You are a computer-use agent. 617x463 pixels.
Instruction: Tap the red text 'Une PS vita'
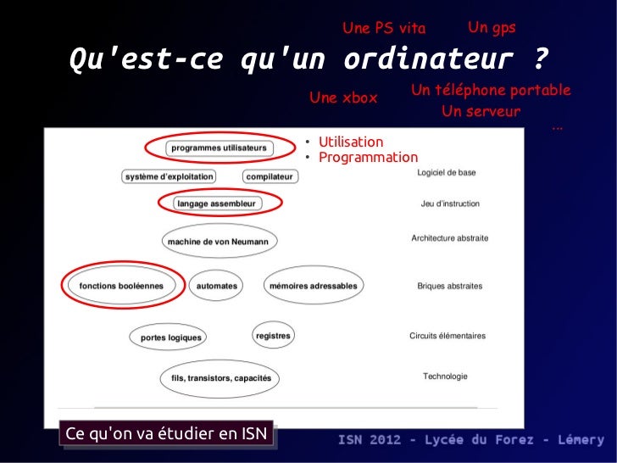pyautogui.click(x=384, y=29)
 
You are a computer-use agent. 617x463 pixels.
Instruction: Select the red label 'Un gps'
pyautogui.click(x=492, y=28)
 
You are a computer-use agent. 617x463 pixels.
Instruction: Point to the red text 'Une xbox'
pyautogui.click(x=343, y=98)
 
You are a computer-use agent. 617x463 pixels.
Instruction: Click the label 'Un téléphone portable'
pyautogui.click(x=490, y=90)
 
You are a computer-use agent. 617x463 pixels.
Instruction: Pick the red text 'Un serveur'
pyautogui.click(x=481, y=112)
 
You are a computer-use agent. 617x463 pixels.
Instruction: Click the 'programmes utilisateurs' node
pyautogui.click(x=219, y=148)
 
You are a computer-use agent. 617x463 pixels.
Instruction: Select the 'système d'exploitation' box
pyautogui.click(x=169, y=176)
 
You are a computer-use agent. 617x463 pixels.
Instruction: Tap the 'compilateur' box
pyautogui.click(x=270, y=176)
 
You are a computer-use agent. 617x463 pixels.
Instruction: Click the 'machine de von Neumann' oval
pyautogui.click(x=218, y=242)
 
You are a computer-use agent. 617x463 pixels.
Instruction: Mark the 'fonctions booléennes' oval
pyautogui.click(x=121, y=286)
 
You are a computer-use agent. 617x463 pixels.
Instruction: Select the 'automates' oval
pyautogui.click(x=217, y=286)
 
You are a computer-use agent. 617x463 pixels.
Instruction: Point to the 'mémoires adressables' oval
pyautogui.click(x=313, y=286)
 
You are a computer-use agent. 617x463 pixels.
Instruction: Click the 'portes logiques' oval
pyautogui.click(x=171, y=337)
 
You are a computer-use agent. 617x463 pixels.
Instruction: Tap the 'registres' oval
pyautogui.click(x=273, y=336)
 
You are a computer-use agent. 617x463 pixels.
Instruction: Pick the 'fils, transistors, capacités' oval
pyautogui.click(x=221, y=378)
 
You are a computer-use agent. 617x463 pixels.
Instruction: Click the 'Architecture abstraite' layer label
pyautogui.click(x=449, y=238)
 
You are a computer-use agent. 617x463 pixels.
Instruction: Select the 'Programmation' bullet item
pyautogui.click(x=368, y=158)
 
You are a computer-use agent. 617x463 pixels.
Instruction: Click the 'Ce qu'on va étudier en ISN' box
pyautogui.click(x=167, y=434)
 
